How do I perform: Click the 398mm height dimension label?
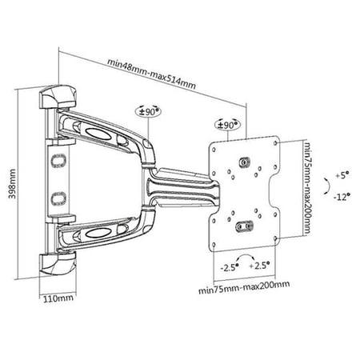pyautogui.click(x=12, y=183)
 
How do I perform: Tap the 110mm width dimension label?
pyautogui.click(x=58, y=298)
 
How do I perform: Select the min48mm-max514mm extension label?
pyautogui.click(x=151, y=74)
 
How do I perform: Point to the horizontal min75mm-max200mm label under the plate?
pyautogui.click(x=244, y=286)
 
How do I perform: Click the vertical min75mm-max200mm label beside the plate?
pyautogui.click(x=308, y=188)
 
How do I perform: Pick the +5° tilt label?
pyautogui.click(x=342, y=175)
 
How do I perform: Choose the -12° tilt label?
pyautogui.click(x=342, y=197)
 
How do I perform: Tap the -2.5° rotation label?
pyautogui.click(x=230, y=267)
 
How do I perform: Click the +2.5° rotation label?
pyautogui.click(x=259, y=266)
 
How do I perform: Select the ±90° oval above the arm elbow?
pyautogui.click(x=149, y=111)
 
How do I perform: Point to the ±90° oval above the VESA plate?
pyautogui.click(x=227, y=125)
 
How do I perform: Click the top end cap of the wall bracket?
pyautogui.click(x=58, y=97)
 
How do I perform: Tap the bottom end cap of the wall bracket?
pyautogui.click(x=58, y=264)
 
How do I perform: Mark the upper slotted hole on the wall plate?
pyautogui.click(x=58, y=161)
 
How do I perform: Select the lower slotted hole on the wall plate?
pyautogui.click(x=58, y=198)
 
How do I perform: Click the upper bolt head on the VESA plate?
pyautogui.click(x=244, y=162)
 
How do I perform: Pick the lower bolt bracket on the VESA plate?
pyautogui.click(x=244, y=226)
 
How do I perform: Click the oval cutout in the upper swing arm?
pyautogui.click(x=97, y=133)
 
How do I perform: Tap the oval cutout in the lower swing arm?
pyautogui.click(x=97, y=234)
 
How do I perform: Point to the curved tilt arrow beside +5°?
pyautogui.click(x=328, y=186)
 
